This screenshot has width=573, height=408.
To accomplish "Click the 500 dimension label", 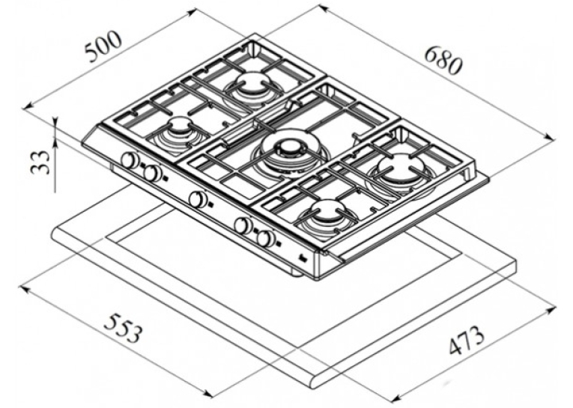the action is click(x=103, y=46).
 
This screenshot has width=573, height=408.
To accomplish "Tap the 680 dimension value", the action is click(x=443, y=61).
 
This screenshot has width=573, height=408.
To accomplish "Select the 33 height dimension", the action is click(x=40, y=162).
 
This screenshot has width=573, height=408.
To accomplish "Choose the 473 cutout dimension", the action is click(x=467, y=340).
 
